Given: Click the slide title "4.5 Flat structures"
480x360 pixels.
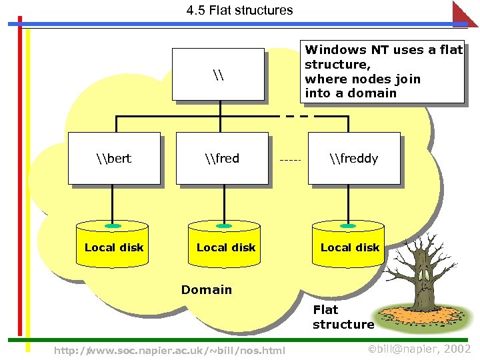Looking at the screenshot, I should [x=239, y=10].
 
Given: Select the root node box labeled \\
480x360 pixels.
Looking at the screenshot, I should [x=218, y=73].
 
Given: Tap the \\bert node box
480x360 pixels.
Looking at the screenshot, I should [x=114, y=158].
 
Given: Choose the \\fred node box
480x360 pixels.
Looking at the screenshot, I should [x=221, y=158].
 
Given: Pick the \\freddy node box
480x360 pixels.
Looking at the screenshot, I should [x=353, y=158].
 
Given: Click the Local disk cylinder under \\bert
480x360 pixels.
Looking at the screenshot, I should [x=113, y=247].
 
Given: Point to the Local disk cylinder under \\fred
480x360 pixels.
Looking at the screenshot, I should [x=225, y=247].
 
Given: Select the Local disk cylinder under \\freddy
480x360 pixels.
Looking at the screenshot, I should [x=349, y=247].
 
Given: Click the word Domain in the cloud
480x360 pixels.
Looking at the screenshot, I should [x=207, y=289].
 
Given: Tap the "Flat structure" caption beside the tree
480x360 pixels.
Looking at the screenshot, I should [x=343, y=317].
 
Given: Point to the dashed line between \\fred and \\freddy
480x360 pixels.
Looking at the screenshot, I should [x=291, y=161].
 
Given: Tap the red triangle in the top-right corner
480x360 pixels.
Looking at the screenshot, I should [x=465, y=13].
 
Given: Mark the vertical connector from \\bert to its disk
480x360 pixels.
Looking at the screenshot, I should [x=113, y=203].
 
